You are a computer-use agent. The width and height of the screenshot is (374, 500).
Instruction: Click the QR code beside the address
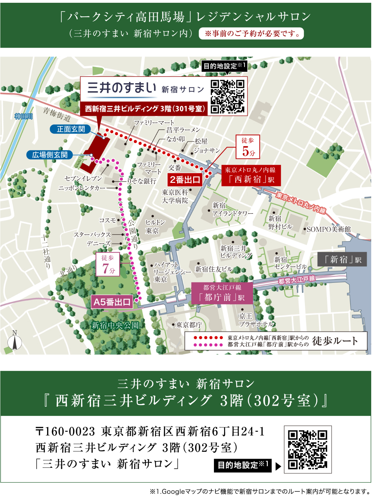[308, 450]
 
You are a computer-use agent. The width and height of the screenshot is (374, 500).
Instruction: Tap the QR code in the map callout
[228, 96]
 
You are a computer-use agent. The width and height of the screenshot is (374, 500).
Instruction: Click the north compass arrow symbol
[15, 342]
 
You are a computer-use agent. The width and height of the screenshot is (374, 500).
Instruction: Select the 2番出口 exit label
[185, 179]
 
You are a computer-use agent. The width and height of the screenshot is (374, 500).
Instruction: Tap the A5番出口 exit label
[112, 302]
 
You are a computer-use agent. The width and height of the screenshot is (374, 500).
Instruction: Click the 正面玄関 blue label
[71, 129]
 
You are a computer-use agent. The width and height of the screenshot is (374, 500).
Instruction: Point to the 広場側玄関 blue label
[50, 155]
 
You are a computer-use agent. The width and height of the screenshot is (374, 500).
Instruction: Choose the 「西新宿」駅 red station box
[251, 175]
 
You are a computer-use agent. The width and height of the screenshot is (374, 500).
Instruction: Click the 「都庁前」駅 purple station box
[222, 293]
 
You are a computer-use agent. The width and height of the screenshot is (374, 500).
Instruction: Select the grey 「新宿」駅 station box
[342, 259]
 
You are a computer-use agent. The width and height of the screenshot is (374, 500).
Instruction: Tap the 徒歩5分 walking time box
[248, 147]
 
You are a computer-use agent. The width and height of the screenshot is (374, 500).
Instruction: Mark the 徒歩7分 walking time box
[108, 265]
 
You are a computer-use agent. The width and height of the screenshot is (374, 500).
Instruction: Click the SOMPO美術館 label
[328, 229]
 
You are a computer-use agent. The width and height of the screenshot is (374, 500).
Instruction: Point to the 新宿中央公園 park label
[115, 325]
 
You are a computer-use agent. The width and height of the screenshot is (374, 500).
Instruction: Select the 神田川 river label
[24, 116]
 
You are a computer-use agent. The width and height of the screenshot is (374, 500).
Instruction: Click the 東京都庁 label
[189, 325]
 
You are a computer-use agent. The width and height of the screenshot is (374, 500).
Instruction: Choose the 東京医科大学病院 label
[175, 196]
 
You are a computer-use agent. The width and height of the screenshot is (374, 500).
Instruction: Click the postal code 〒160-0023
[65, 431]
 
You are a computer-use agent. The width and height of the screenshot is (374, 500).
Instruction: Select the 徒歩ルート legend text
[335, 341]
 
